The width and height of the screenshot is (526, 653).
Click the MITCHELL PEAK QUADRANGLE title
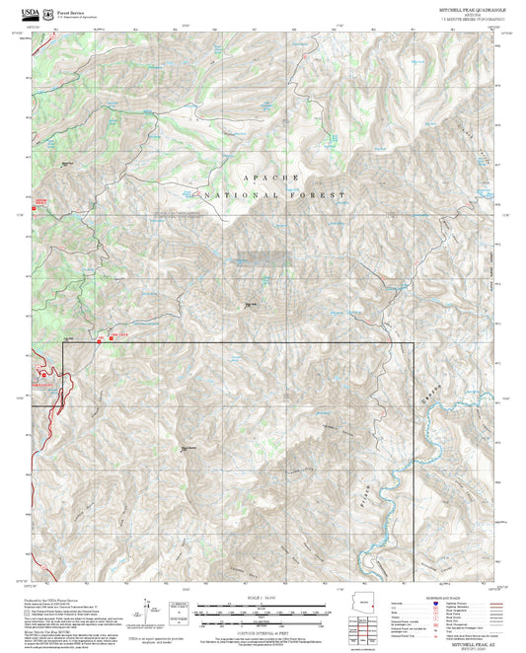[468, 7]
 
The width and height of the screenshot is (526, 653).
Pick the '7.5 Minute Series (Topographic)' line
[468, 18]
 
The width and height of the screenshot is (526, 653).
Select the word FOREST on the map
[315, 195]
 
